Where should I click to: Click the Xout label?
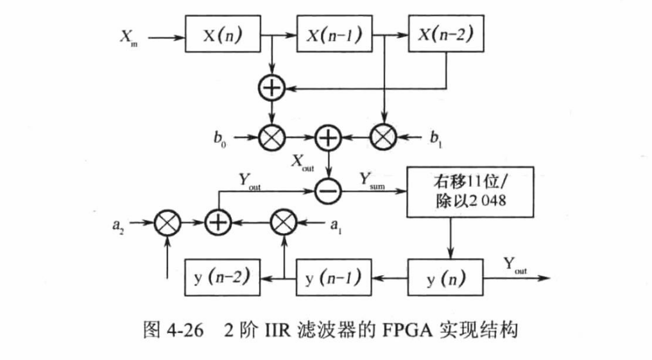(301, 161)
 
